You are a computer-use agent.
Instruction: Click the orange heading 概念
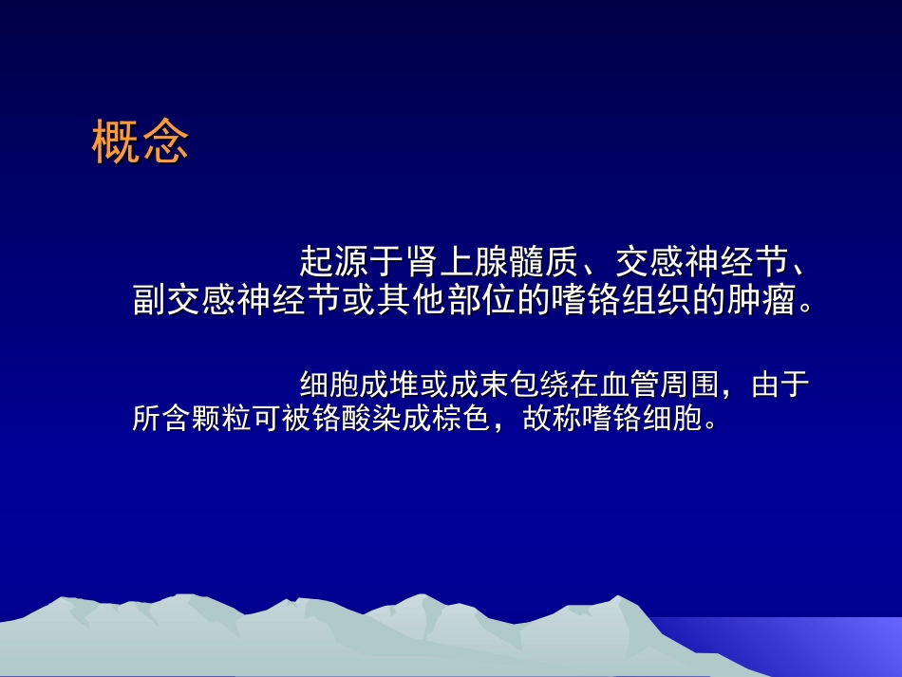141,142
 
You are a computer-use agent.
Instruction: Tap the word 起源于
350,259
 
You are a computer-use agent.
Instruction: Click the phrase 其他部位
440,301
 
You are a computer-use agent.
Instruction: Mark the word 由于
780,385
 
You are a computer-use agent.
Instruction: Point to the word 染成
395,420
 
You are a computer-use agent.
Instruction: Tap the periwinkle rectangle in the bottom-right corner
836,646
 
